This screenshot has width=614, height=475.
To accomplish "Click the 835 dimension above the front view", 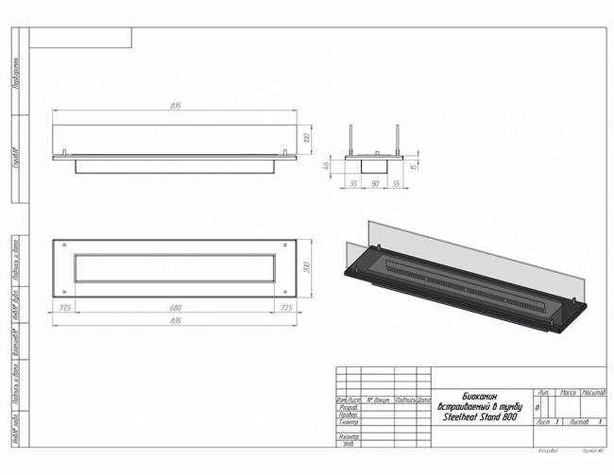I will pyautogui.click(x=176, y=106).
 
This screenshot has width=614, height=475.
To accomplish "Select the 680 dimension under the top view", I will pyautogui.click(x=176, y=307).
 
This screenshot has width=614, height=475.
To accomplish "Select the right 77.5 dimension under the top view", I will pyautogui.click(x=286, y=307).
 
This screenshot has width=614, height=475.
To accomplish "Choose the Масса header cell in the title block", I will pyautogui.click(x=569, y=391).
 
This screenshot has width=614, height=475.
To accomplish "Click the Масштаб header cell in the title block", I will pyautogui.click(x=593, y=391).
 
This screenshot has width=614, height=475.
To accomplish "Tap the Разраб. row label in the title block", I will pyautogui.click(x=348, y=408).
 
